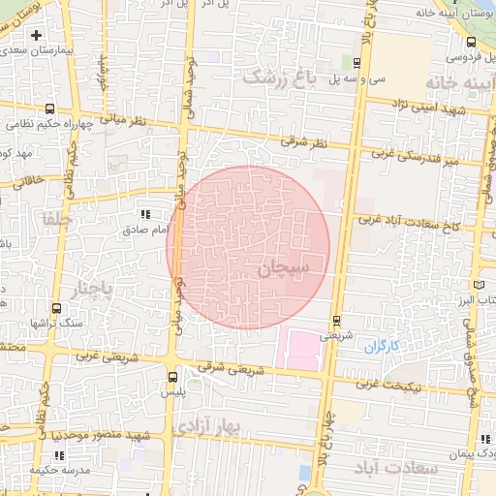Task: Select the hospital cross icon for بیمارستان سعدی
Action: click(x=36, y=35)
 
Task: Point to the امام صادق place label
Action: click(x=147, y=230)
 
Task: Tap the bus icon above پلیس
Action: click(x=172, y=378)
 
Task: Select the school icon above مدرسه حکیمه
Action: click(x=58, y=455)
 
